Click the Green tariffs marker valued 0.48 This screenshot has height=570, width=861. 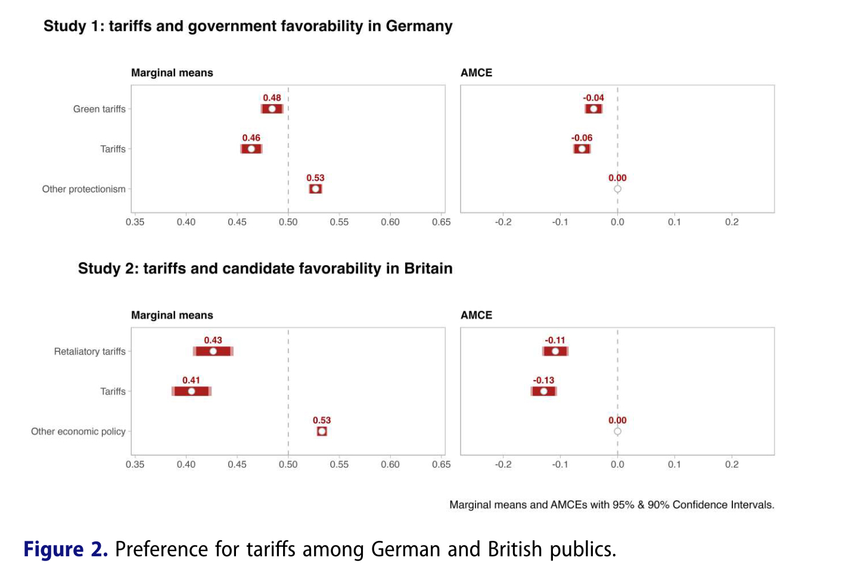pos(272,109)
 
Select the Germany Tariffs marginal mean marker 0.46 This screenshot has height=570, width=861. pos(251,149)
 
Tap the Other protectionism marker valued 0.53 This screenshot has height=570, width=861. pos(315,189)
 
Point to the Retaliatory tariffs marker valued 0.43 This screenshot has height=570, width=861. pos(213,351)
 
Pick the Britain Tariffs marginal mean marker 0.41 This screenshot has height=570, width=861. pos(191,391)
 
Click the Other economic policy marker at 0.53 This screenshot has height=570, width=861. pos(322,431)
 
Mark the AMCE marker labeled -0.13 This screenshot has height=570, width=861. pos(543,391)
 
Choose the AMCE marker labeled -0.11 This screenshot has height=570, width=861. pos(555,351)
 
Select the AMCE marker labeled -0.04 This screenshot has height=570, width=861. pos(593,109)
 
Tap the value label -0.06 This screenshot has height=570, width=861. pos(582,138)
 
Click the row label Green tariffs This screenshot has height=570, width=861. pos(99,109)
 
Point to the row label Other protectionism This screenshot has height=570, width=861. pos(83,189)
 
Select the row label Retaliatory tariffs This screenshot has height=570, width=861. pos(89,351)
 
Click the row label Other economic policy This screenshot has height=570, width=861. pos(78,431)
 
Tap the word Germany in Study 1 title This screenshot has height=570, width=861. pos(419,26)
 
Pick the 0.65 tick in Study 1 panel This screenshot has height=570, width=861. pos(441,222)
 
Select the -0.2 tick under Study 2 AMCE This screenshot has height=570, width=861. pos(503,465)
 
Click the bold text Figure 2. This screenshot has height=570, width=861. pos(66,549)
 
